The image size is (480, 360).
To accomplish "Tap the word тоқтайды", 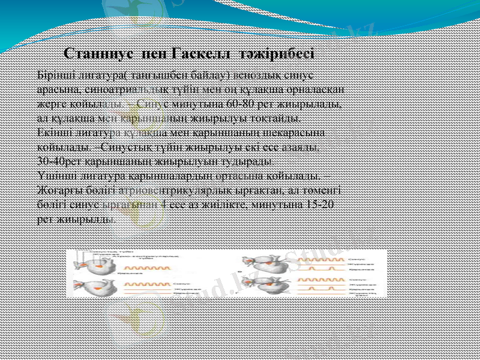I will (x=271, y=118).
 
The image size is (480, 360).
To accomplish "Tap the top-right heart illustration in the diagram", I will (x=260, y=262).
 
